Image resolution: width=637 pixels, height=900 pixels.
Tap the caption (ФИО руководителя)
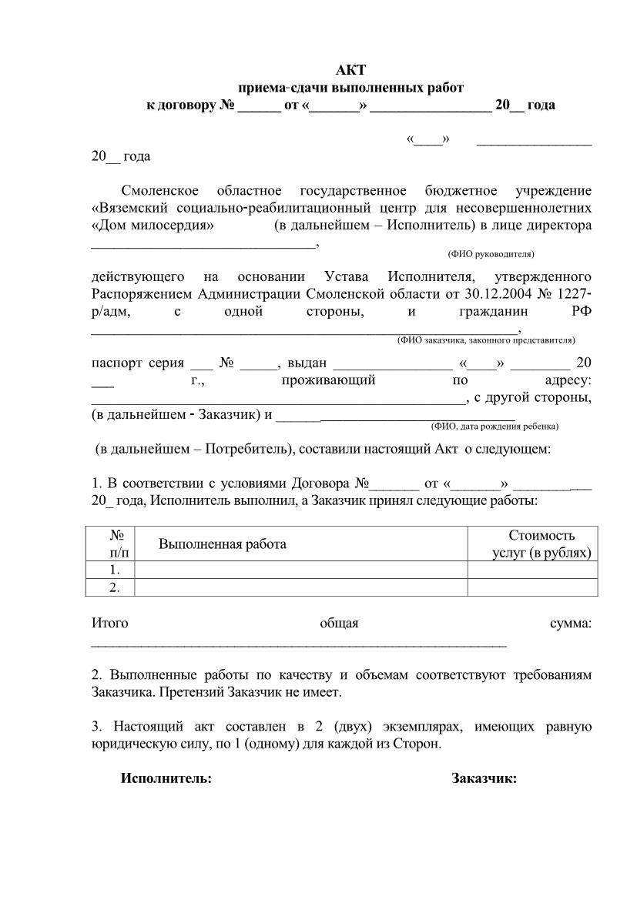pyautogui.click(x=491, y=253)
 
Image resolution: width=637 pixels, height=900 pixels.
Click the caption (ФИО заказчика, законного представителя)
pyautogui.click(x=486, y=340)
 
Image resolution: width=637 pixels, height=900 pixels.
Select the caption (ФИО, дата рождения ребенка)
pyautogui.click(x=495, y=426)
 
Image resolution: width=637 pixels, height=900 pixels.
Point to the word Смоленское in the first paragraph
pyautogui.click(x=160, y=191)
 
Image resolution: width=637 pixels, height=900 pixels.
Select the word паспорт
pyautogui.click(x=115, y=363)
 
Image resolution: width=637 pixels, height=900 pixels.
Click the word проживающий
pyautogui.click(x=328, y=380)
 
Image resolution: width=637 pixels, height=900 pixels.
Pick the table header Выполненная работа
pyautogui.click(x=223, y=544)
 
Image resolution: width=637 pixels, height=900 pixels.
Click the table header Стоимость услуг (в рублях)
pyautogui.click(x=541, y=544)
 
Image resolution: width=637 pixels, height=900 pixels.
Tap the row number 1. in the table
pyautogui.click(x=115, y=570)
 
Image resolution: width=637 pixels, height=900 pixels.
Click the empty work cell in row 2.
pyautogui.click(x=300, y=587)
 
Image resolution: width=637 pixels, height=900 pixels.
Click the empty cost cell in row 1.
pyautogui.click(x=532, y=570)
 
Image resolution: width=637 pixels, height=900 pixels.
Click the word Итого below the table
pyautogui.click(x=110, y=624)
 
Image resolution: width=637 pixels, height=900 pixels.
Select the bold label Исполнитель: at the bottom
pyautogui.click(x=166, y=778)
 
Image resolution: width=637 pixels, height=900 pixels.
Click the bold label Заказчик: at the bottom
pyautogui.click(x=484, y=778)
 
